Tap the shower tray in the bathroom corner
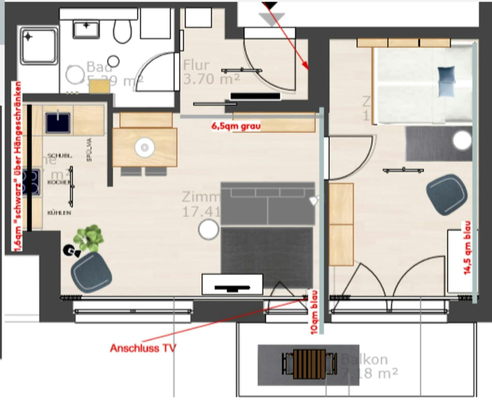click(x=39, y=46)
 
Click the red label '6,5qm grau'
click(x=236, y=126)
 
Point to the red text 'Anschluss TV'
click(x=143, y=348)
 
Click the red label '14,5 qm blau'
click(x=467, y=248)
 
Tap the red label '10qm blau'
click(x=314, y=312)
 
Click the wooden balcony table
click(x=309, y=364)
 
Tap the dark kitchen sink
click(x=58, y=122)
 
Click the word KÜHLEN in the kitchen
click(x=59, y=213)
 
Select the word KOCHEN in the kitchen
click(x=59, y=182)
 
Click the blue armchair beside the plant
click(x=91, y=272)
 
